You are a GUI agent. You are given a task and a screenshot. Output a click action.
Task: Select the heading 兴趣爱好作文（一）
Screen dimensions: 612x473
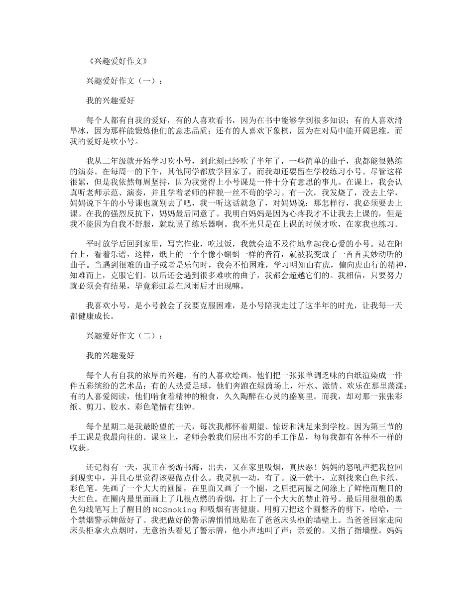[x=123, y=81]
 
